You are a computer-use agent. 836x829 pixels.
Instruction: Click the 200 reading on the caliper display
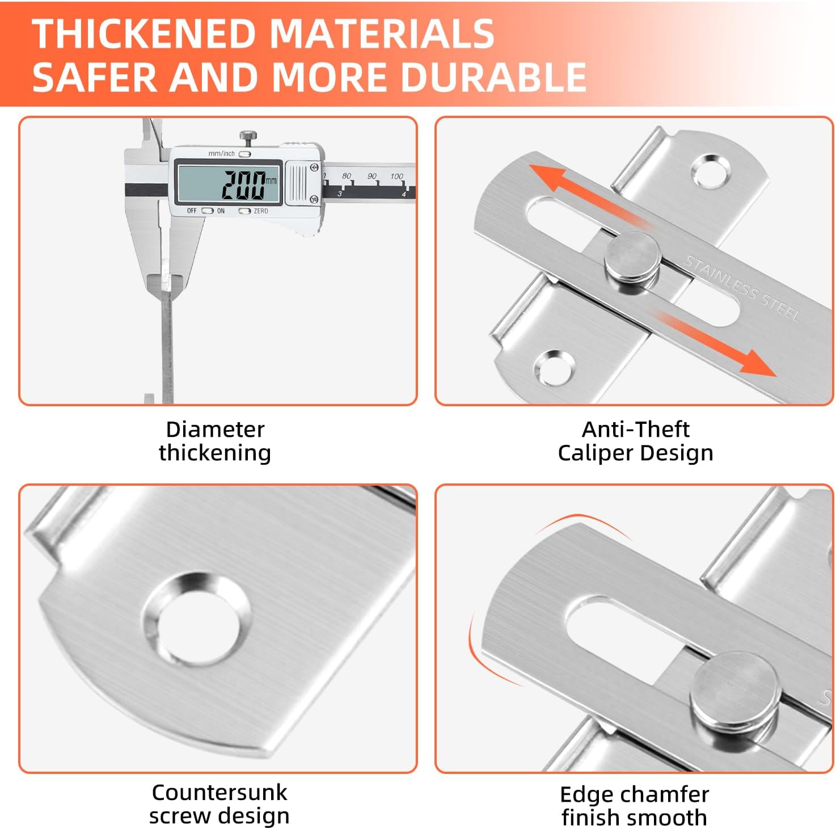[x=244, y=185]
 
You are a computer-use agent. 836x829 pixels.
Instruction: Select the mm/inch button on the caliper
[x=244, y=154]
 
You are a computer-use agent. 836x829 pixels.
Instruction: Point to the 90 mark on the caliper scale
[x=372, y=176]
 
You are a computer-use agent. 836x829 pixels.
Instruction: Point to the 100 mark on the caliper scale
[x=396, y=176]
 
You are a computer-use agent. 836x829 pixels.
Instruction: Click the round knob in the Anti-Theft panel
[x=633, y=261]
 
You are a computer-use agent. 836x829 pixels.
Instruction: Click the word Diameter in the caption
[x=215, y=430]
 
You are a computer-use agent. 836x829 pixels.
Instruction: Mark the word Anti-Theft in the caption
[x=636, y=430]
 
